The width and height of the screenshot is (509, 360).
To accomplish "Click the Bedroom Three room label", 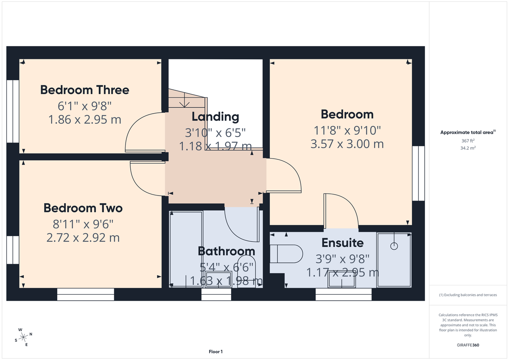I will point(84,90).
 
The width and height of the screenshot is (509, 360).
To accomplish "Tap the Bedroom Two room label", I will point(83,208).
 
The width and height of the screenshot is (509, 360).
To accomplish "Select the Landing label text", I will point(215,117).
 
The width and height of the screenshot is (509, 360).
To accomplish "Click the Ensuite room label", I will point(342,243).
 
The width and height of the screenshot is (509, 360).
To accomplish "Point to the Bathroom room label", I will point(227,251).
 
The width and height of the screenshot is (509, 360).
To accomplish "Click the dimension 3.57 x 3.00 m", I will point(347,144).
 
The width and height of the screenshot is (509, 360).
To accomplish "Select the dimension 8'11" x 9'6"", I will point(83,223).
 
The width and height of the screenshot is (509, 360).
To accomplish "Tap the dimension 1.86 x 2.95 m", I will point(85,120).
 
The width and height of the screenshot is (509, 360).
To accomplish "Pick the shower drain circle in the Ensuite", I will point(394,246).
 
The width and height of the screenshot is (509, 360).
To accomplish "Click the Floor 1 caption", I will point(215,352).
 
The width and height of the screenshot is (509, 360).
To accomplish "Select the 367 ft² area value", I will point(468,141).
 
